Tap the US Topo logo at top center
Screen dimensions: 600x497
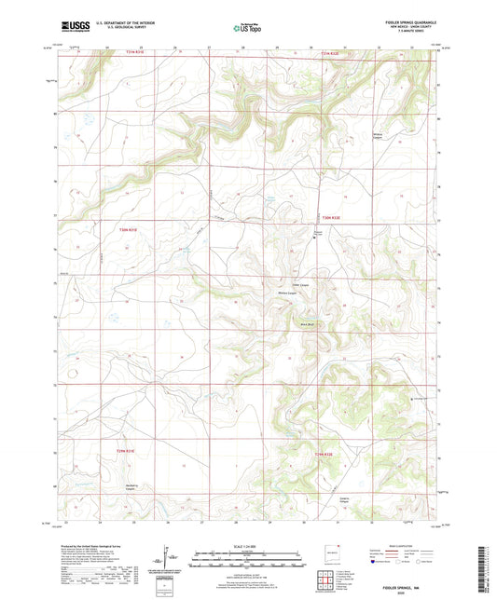248,29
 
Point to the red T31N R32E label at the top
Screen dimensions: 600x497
332,53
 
